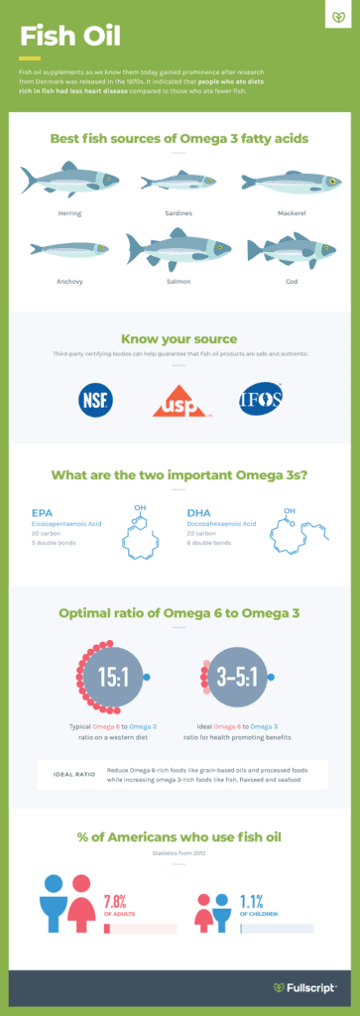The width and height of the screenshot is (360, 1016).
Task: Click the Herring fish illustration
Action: pos(69,181)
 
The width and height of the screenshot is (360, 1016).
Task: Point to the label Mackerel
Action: pos(289,212)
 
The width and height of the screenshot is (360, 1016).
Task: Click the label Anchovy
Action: pos(68,281)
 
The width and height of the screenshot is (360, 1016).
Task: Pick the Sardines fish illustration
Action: pos(180,182)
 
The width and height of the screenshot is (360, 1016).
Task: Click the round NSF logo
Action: pos(95,401)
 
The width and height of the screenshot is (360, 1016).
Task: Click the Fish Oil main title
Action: pos(70,38)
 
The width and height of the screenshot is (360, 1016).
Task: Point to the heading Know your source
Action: pos(180,338)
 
